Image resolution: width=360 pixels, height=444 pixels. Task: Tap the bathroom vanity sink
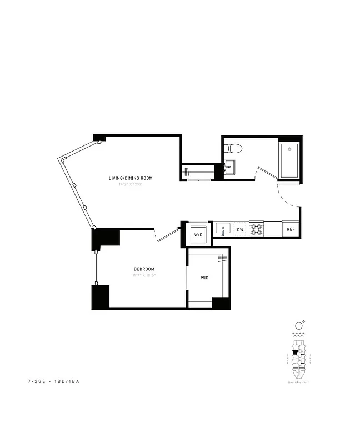click(229, 166)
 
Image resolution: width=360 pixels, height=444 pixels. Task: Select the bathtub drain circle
click(289, 149)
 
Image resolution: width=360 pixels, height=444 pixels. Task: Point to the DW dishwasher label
click(240, 229)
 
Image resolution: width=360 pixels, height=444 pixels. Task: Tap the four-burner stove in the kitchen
click(256, 229)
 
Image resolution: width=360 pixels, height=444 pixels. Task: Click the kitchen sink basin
click(223, 228)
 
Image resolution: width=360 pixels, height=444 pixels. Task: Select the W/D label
click(198, 234)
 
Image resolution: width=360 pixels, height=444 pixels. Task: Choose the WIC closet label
click(204, 277)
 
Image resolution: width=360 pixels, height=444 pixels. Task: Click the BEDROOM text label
click(143, 269)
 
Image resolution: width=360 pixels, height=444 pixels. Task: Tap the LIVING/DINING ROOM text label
click(131, 178)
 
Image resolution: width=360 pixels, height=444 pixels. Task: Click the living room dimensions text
click(131, 184)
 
